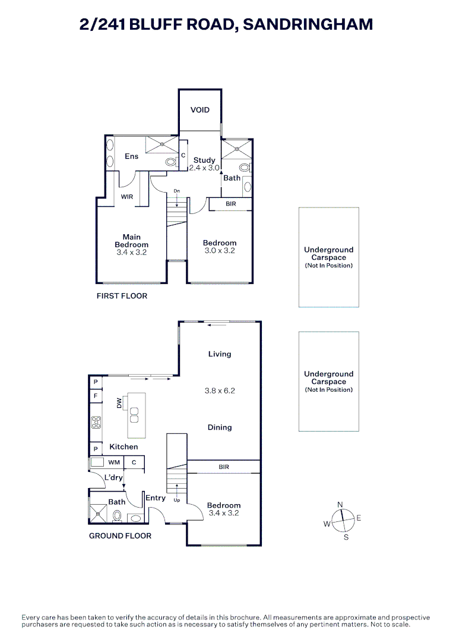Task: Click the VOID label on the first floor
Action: click(x=200, y=110)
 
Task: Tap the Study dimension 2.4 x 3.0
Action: click(x=205, y=168)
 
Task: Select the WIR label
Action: click(x=127, y=196)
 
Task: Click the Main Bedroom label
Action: click(x=132, y=241)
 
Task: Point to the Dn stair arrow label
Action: click(x=176, y=191)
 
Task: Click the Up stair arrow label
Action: click(x=176, y=500)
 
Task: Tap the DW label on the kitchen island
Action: click(x=119, y=404)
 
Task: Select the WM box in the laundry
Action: click(x=114, y=462)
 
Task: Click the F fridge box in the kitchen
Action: click(x=95, y=395)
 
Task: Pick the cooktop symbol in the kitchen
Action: click(x=96, y=423)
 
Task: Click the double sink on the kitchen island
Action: click(x=134, y=414)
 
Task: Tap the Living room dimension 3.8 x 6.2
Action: click(x=219, y=391)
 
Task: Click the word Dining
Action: click(x=220, y=427)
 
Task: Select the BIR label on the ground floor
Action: click(x=224, y=467)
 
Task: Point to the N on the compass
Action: click(x=340, y=505)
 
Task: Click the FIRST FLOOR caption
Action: click(x=122, y=295)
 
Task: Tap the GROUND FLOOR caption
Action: click(x=120, y=536)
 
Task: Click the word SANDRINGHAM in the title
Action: click(x=308, y=24)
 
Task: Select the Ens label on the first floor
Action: click(x=131, y=156)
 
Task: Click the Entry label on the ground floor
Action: click(x=156, y=498)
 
